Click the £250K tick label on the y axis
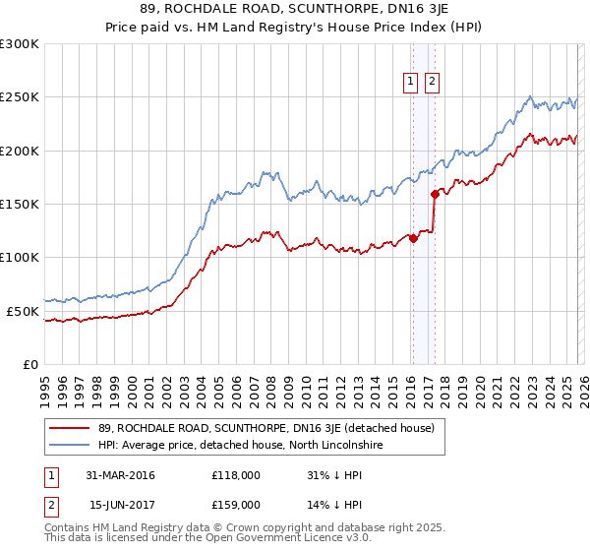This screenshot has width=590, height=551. (20, 97)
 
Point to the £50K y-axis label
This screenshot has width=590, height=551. (23, 311)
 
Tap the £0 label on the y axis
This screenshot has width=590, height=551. (29, 364)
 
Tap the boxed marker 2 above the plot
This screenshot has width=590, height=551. (432, 83)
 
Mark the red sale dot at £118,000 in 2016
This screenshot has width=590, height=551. (413, 238)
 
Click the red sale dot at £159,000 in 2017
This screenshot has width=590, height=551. (434, 194)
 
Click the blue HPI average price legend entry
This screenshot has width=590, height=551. (247, 446)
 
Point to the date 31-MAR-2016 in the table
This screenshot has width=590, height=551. (120, 475)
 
